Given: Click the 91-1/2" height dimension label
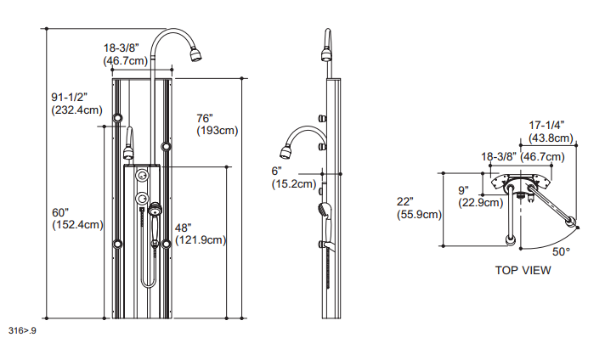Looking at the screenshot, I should pyautogui.click(x=69, y=97).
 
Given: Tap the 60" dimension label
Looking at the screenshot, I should pyautogui.click(x=60, y=211).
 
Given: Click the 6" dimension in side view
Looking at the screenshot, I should pyautogui.click(x=276, y=170).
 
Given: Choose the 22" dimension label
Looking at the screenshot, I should pyautogui.click(x=405, y=201).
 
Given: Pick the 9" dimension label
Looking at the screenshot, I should pyautogui.click(x=464, y=190).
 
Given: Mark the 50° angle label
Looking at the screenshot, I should pyautogui.click(x=562, y=252).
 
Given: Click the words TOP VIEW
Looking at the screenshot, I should pyautogui.click(x=523, y=271).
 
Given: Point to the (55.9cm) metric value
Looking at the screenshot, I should pyautogui.click(x=420, y=215).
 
